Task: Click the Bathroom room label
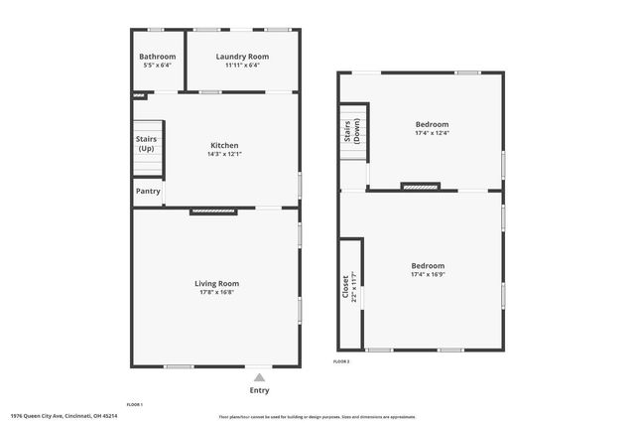click(158, 57)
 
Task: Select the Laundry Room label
click(242, 57)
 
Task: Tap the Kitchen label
click(223, 145)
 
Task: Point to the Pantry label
click(147, 192)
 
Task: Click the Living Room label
click(216, 284)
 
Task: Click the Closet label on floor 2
click(345, 286)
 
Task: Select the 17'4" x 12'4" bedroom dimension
click(433, 133)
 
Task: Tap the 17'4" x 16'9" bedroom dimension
click(429, 274)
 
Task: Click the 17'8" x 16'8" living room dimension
click(216, 293)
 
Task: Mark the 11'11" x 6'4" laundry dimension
click(242, 66)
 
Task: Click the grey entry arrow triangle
click(259, 377)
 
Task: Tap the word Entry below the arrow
click(259, 390)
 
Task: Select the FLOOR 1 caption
click(135, 405)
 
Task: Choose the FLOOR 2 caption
click(341, 361)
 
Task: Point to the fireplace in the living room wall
click(213, 211)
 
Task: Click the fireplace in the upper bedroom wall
click(420, 186)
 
